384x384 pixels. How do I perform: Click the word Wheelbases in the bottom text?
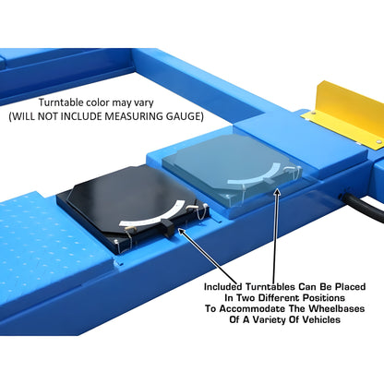pyautogui.click(x=337, y=308)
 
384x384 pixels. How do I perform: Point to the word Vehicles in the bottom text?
pyautogui.click(x=321, y=319)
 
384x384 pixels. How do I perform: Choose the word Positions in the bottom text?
pyautogui.click(x=324, y=298)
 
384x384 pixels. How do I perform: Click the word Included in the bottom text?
pyautogui.click(x=223, y=287)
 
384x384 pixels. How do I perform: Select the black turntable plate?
pyautogui.click(x=132, y=207)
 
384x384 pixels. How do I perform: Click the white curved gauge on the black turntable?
pyautogui.click(x=153, y=214)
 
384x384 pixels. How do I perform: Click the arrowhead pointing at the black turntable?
pyautogui.click(x=182, y=231)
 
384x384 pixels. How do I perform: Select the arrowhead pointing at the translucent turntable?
pyautogui.click(x=277, y=192)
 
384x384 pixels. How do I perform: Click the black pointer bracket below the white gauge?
pyautogui.click(x=168, y=228)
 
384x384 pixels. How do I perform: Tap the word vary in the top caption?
pyautogui.click(x=143, y=103)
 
